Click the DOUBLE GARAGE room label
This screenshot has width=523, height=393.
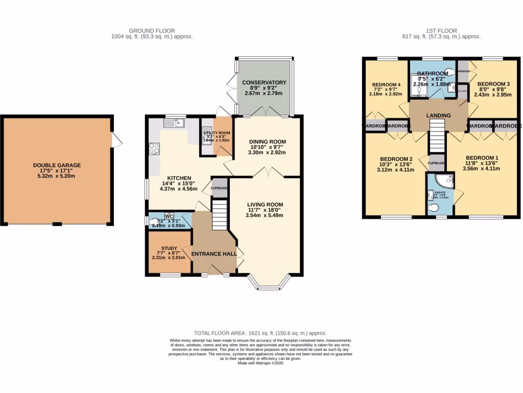[x=57, y=165]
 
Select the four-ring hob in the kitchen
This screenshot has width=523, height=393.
[x=154, y=149]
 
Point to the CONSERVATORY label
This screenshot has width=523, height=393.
[x=264, y=82]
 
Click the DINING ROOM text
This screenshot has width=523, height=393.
[x=267, y=142]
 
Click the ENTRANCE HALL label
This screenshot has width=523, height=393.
[x=214, y=254]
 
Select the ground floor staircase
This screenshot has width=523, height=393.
[x=219, y=215]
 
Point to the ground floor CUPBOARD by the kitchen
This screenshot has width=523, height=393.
[x=220, y=187]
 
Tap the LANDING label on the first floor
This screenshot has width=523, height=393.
[x=439, y=116]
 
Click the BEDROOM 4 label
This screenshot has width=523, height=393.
[x=386, y=84]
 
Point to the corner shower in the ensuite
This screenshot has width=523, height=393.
[x=445, y=180]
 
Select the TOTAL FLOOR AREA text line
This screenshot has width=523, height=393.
[x=261, y=333]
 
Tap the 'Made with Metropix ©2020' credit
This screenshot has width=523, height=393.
[x=261, y=363]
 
